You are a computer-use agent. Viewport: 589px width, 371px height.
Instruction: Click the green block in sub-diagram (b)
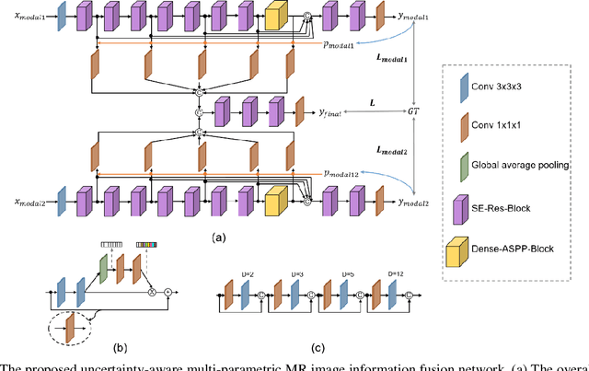[102, 268]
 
